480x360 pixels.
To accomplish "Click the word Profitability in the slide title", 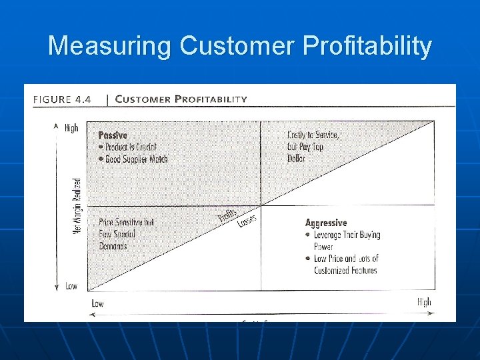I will pos(367,47).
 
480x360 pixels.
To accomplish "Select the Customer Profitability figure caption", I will pos(181,99).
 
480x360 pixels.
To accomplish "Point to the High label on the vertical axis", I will pos(71,128).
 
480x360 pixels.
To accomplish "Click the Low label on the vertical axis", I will pos(71,286).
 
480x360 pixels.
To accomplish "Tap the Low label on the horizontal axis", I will pos(97,303).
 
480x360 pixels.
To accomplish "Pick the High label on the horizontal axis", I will pos(424,302).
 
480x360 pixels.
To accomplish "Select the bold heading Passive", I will pos(113,135).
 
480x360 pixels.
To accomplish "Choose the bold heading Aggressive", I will pos(326,223).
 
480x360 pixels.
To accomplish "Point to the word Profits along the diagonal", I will pos(228,217).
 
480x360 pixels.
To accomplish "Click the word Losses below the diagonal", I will pos(247,219).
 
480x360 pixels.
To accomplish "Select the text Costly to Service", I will pos(313,135).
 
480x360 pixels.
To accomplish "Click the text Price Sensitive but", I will pos(127,222).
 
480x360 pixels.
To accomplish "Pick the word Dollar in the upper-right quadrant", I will pos(296,159).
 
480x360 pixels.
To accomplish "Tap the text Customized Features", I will pos(345,271).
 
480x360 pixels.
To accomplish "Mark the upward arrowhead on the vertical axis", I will pos(56,125).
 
